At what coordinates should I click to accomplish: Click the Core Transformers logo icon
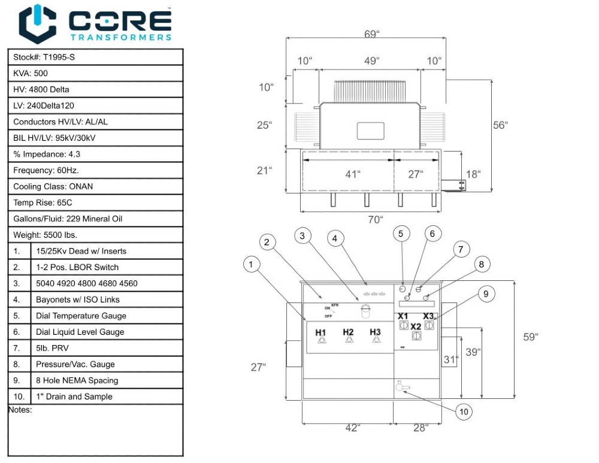[x=38, y=24]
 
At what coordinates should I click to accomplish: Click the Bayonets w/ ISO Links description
[x=77, y=299]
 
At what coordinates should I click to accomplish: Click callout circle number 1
[x=252, y=263]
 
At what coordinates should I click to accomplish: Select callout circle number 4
[x=335, y=238]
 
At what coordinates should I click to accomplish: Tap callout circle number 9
[x=486, y=293]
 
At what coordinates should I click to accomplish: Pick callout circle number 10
[x=464, y=411]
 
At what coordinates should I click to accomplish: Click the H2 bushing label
[x=349, y=332]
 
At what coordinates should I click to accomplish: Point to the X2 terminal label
[x=416, y=326]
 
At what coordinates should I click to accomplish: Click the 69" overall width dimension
[x=371, y=34]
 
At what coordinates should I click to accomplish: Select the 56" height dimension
[x=500, y=125]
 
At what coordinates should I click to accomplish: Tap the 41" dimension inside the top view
[x=353, y=174]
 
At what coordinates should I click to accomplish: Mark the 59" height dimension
[x=530, y=337]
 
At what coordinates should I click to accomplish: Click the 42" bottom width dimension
[x=352, y=428]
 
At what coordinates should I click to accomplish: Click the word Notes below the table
[x=20, y=410]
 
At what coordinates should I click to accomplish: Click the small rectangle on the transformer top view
[x=370, y=131]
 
